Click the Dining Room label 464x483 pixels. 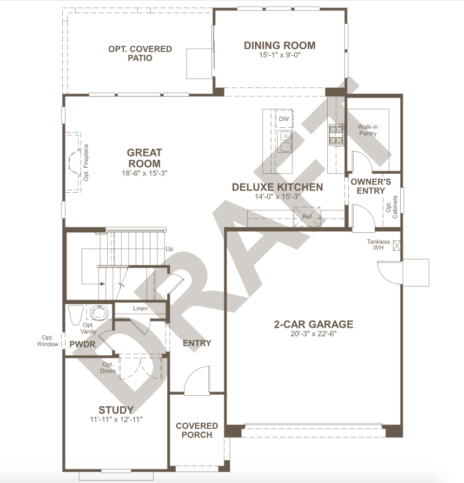280,45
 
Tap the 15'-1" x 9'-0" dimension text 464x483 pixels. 280,55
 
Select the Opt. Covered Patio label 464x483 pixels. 140,53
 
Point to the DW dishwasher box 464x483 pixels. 284,119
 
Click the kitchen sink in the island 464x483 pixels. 285,141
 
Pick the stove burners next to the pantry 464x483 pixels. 336,135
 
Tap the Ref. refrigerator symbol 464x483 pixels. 307,217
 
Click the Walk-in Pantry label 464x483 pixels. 368,130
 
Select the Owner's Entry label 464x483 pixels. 371,186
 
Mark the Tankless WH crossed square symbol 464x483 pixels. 396,245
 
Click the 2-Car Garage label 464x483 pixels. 314,324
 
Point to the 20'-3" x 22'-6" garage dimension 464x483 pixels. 314,334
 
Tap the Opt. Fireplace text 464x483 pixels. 86,162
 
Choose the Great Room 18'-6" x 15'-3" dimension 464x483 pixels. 144,173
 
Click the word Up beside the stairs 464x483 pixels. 170,249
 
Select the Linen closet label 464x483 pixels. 140,308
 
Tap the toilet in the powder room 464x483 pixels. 76,315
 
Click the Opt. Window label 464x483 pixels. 48,341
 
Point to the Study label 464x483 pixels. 116,410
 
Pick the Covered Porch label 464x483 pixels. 197,430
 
